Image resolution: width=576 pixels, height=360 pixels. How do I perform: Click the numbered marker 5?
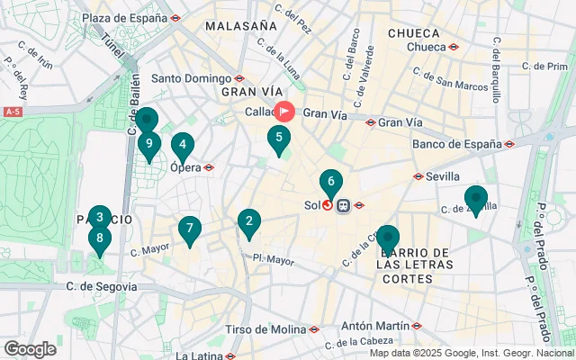[279, 139]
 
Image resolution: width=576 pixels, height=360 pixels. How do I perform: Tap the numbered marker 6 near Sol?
[331, 182]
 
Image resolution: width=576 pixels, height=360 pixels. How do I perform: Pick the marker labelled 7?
[188, 229]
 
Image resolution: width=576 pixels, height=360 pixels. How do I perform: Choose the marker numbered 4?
[183, 145]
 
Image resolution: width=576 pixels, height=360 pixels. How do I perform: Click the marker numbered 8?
[100, 239]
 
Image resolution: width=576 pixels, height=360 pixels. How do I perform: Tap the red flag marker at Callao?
[285, 112]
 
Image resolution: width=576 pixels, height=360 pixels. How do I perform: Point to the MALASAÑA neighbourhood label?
[240, 26]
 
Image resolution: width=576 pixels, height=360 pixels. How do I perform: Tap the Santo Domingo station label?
[192, 78]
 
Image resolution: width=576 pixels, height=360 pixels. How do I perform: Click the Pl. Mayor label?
[273, 260]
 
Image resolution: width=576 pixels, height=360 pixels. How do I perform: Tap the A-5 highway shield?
[13, 112]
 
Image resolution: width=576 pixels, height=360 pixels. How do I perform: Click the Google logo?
[30, 348]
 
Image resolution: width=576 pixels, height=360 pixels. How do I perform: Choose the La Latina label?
[200, 355]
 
